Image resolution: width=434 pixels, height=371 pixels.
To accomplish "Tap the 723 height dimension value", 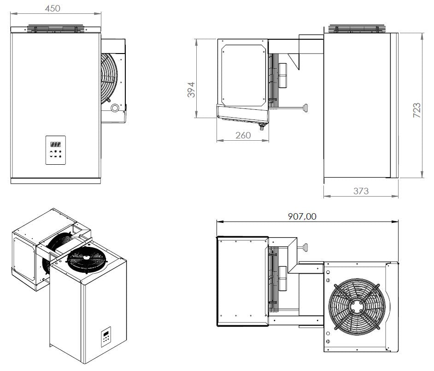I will tap(416, 111).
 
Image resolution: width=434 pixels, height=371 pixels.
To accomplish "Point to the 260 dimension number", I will tap(243, 135).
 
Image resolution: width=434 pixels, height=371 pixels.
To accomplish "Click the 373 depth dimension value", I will tap(360, 191).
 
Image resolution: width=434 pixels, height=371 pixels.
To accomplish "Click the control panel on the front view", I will tap(56, 150).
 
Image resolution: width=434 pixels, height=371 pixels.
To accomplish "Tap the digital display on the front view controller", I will tap(55, 144).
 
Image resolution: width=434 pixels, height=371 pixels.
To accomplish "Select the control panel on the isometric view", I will tap(106, 337).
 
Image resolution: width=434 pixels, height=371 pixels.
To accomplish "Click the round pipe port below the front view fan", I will tap(114, 108).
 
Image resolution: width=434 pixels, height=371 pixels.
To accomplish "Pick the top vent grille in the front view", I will tap(55, 29).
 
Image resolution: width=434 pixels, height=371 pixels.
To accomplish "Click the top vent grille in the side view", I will tap(360, 29).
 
